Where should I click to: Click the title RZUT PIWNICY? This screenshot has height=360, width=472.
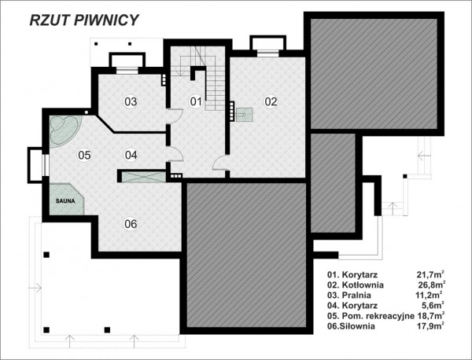pyautogui.click(x=84, y=20)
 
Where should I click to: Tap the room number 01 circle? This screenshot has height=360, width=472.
pyautogui.click(x=196, y=101)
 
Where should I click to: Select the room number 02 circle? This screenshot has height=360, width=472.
pyautogui.click(x=271, y=101)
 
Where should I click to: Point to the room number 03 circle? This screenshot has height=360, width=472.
pyautogui.click(x=131, y=101)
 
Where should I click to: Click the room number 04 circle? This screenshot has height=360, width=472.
pyautogui.click(x=131, y=155)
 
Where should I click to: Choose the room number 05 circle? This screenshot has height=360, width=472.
pyautogui.click(x=84, y=155)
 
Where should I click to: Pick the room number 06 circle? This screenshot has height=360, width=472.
pyautogui.click(x=131, y=224)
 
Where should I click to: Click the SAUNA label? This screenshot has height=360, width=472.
pyautogui.click(x=65, y=201)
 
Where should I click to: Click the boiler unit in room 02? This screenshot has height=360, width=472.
pyautogui.click(x=245, y=115)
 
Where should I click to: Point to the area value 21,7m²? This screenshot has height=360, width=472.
pyautogui.click(x=430, y=274)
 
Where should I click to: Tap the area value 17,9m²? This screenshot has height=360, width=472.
pyautogui.click(x=430, y=326)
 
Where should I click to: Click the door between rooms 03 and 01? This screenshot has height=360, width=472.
pyautogui.click(x=175, y=116)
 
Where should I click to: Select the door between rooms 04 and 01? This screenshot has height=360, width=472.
pyautogui.click(x=175, y=154)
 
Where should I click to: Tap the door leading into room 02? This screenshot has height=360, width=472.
pyautogui.click(x=220, y=163)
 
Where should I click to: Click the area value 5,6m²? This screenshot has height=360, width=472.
pyautogui.click(x=433, y=305)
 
